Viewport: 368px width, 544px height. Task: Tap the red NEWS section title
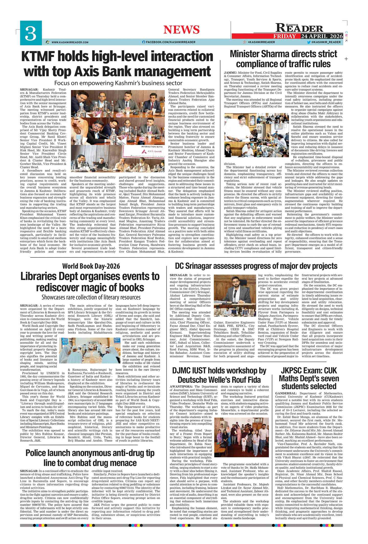[x=182, y=30]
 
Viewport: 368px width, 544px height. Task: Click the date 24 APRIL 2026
[x=322, y=36]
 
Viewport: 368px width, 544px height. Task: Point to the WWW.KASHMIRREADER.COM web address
[x=70, y=42]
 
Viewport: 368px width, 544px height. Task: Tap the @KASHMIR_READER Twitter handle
[x=326, y=42]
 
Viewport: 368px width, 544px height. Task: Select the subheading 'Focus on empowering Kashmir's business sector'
[x=118, y=83]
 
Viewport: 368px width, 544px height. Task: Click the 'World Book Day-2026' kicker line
[x=91, y=266]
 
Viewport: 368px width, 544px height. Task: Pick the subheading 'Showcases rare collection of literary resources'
[x=91, y=297]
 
